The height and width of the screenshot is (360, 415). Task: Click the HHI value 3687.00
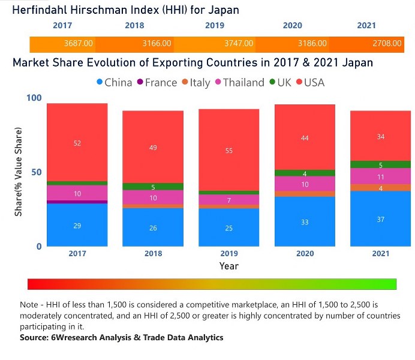tap(79, 43)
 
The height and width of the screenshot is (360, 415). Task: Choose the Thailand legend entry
tap(239, 82)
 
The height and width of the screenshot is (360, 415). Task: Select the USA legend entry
tap(309, 82)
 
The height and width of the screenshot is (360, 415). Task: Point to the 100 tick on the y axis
tap(36, 98)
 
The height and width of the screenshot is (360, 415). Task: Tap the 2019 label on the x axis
tap(230, 254)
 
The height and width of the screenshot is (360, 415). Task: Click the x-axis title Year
tap(229, 265)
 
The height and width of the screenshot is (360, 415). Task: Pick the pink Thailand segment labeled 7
tap(230, 200)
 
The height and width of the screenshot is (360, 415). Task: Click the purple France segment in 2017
tap(77, 202)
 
